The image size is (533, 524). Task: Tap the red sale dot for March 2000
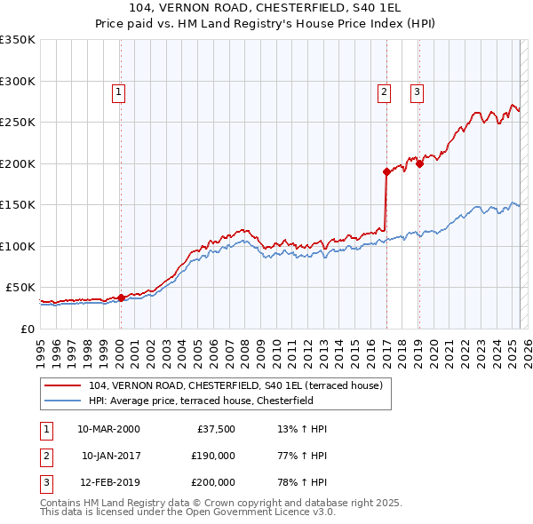(x=121, y=298)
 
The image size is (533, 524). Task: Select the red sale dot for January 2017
(x=386, y=172)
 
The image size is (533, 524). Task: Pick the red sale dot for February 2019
(x=419, y=163)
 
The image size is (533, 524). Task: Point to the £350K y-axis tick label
(x=18, y=40)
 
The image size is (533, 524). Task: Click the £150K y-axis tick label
(x=18, y=204)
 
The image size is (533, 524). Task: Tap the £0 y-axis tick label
(x=28, y=329)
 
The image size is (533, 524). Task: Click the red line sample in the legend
(x=63, y=385)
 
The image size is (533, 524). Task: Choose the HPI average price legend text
(x=213, y=401)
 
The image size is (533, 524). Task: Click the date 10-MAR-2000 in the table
(x=108, y=429)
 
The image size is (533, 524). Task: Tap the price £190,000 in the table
(x=213, y=457)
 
